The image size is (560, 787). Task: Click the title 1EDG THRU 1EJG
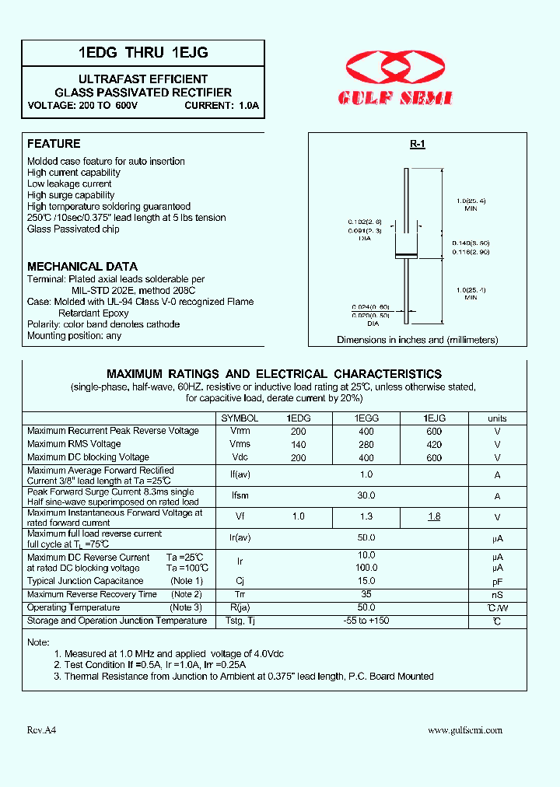point(142,53)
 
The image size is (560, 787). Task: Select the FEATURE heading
point(54,144)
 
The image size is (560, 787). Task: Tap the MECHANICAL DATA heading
point(82,266)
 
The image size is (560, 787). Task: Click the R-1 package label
point(418,145)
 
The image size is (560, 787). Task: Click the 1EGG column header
point(366,418)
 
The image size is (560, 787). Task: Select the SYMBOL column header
point(240,418)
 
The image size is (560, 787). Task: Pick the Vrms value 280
point(366,445)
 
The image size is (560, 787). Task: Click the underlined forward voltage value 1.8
point(434,517)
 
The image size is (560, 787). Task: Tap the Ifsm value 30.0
point(366,495)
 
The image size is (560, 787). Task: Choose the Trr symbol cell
point(240,595)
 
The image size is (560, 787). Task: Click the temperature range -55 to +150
point(366,621)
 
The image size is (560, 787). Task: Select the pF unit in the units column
point(497,581)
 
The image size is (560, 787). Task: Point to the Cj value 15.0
point(366,581)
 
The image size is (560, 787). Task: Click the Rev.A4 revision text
point(42,730)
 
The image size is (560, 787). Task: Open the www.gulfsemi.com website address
point(465,730)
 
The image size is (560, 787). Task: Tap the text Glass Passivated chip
point(74,229)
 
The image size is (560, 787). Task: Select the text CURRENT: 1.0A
point(222,105)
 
